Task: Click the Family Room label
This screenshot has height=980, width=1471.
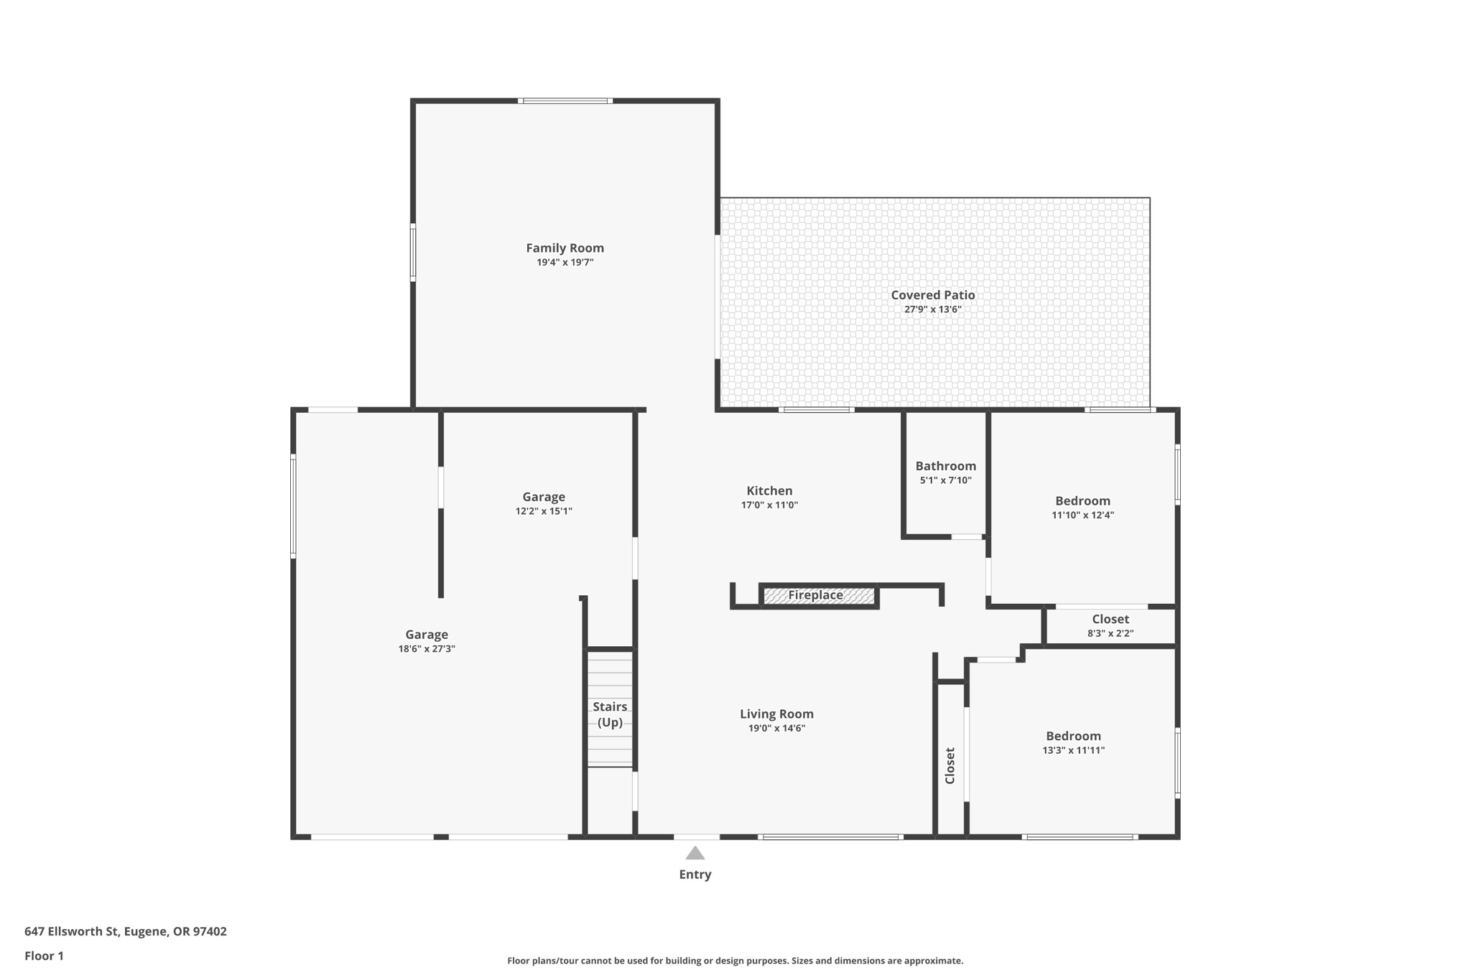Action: coord(565,248)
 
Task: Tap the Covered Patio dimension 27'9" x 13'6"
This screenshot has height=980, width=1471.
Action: coord(932,309)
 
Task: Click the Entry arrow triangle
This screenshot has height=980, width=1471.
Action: coord(695,853)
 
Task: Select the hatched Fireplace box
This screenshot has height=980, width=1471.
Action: coord(818,595)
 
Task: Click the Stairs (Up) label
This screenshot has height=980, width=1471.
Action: coord(610,714)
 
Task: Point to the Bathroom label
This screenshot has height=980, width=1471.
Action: coord(945,466)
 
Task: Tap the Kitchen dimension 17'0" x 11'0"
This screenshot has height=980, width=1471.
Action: coord(769,505)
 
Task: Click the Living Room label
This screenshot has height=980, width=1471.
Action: coord(776,714)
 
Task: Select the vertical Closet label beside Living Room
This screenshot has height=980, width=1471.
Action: coord(950,765)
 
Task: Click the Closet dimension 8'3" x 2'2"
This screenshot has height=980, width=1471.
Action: coord(1110,633)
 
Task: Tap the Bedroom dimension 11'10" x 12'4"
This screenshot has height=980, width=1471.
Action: coord(1082,515)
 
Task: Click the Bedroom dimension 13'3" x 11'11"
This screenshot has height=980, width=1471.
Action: coord(1073,750)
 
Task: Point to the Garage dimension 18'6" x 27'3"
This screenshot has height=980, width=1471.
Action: coord(427,649)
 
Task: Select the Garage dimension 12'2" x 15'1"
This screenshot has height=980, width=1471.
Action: coord(544,511)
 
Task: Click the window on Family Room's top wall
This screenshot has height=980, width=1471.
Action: coord(565,101)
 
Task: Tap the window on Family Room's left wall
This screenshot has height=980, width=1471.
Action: coord(413,252)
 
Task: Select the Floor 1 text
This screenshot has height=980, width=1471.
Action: coord(44,956)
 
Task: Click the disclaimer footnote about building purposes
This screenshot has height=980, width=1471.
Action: coord(735,961)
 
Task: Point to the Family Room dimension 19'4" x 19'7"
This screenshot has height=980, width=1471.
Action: coord(565,262)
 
